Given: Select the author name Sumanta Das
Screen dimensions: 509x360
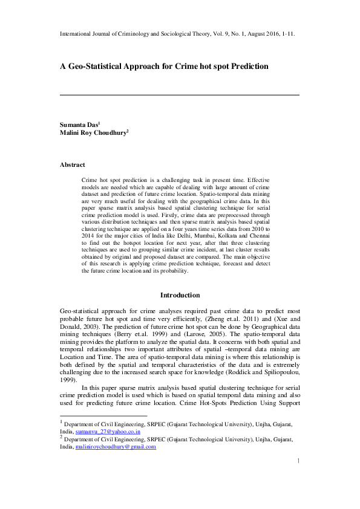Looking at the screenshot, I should click(77, 125).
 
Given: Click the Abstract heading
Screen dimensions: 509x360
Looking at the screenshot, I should click(72, 164).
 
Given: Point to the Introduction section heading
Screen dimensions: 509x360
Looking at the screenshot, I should click(180, 295).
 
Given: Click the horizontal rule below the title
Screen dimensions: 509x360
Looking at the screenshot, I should click(180, 95).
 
